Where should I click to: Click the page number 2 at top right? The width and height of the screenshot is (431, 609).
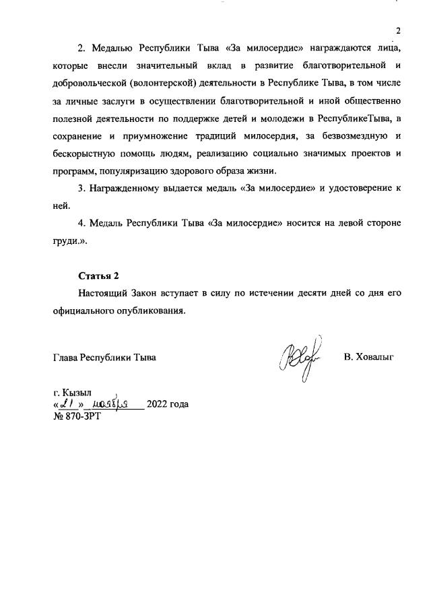tap(398, 31)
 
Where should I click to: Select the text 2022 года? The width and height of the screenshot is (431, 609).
tap(167, 404)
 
